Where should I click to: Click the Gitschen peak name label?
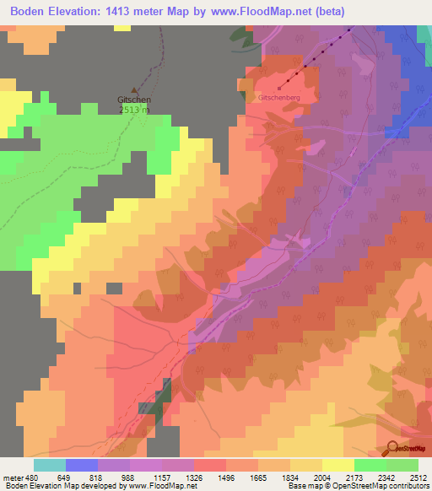point(134,100)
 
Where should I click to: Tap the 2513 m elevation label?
point(134,109)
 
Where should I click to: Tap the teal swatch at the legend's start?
point(49,465)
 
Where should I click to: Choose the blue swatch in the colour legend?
point(81,465)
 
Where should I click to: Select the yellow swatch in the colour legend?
point(337,465)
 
